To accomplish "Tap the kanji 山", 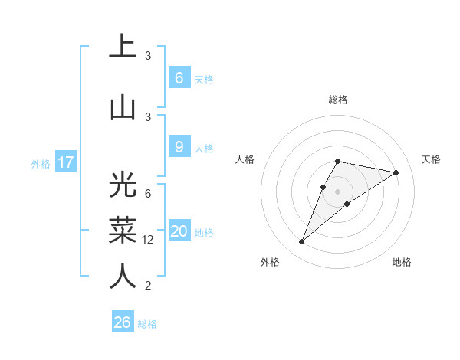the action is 123,107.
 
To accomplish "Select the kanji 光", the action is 123,186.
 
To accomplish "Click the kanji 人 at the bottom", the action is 123,276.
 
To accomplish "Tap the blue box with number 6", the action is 179,78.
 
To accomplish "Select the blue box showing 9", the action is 179,147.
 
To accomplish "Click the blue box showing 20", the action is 179,232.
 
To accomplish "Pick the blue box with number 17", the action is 65,162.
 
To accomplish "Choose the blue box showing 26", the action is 123,322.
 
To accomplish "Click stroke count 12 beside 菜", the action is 148,239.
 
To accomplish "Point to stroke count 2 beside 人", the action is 148,286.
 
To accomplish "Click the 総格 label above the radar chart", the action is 337,100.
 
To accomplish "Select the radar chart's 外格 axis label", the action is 270,262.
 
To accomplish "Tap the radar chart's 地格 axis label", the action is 402,262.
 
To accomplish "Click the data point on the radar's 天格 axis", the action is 396,172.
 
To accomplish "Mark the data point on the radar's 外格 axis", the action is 302,242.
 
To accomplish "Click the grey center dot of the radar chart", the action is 337,191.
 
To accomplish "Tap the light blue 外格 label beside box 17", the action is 40,163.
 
